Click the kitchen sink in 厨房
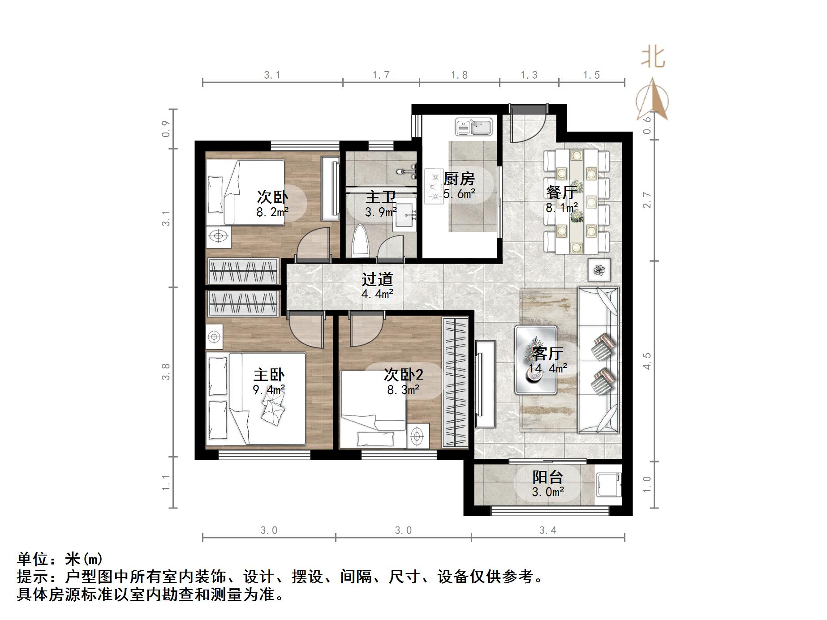click(x=474, y=127)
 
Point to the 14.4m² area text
click(x=547, y=368)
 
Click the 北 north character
click(x=653, y=58)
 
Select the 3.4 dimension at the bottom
click(x=547, y=530)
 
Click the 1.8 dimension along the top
click(x=459, y=75)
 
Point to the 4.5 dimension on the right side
click(x=646, y=361)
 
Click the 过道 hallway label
click(x=377, y=279)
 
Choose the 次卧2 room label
click(x=403, y=375)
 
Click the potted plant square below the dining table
click(x=599, y=270)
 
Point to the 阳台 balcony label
click(x=547, y=477)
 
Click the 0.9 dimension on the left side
click(x=166, y=128)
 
